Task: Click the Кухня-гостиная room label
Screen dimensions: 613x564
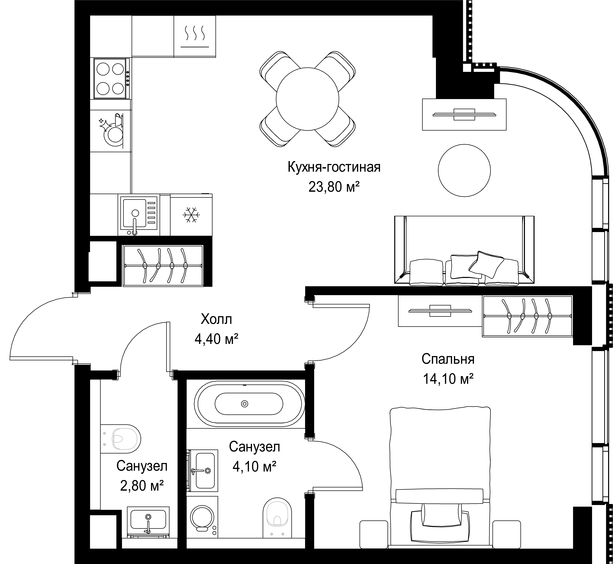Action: pyautogui.click(x=334, y=168)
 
